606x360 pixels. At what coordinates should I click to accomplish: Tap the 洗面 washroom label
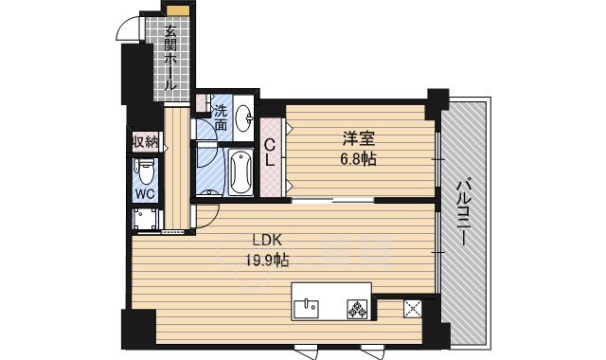tap(221, 117)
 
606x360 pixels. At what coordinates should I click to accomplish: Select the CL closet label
tap(270, 153)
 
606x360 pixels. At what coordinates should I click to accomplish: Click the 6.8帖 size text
tap(359, 159)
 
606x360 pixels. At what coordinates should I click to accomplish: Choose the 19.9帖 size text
tap(269, 260)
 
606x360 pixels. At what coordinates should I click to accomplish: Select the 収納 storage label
tap(144, 143)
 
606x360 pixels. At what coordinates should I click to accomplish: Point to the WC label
tap(144, 194)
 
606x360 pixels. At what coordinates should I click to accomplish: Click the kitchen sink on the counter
tap(308, 306)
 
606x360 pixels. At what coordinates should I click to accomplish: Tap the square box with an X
tap(413, 307)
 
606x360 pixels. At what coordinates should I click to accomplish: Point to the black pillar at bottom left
tap(136, 328)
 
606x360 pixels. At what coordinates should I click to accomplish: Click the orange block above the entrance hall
tap(175, 9)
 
